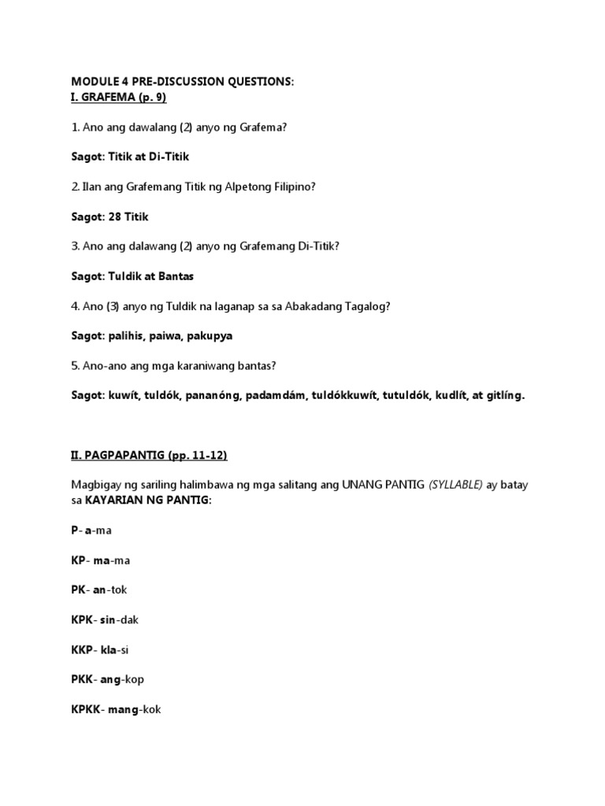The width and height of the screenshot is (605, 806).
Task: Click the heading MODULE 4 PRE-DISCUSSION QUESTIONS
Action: point(183,82)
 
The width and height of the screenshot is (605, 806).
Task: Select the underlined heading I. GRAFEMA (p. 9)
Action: point(119,97)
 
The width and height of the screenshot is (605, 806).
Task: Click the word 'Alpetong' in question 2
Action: point(243,187)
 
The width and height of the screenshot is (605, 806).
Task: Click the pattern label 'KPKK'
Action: point(86,709)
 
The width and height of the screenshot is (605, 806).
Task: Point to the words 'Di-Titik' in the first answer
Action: point(167,157)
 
